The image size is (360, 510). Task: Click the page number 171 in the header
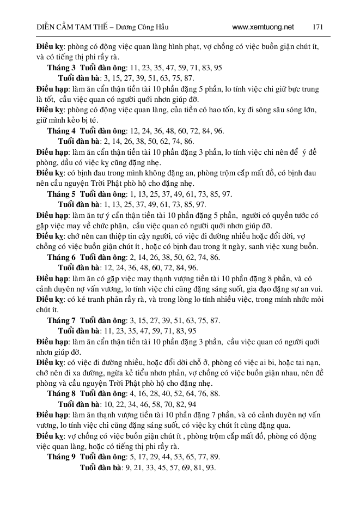pos(319,26)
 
